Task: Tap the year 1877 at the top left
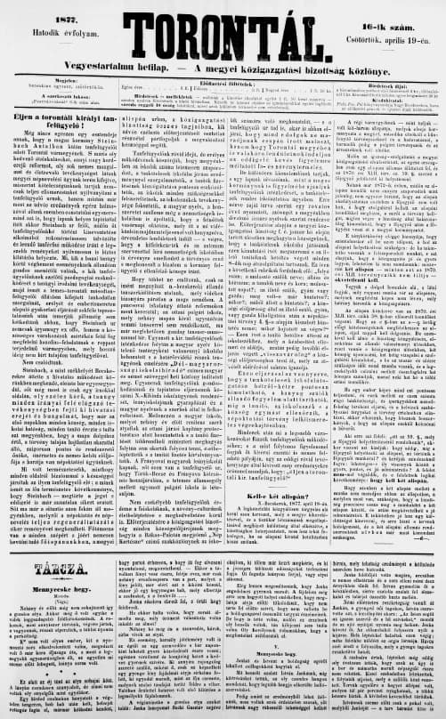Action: pyautogui.click(x=65, y=8)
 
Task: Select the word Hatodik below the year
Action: pyautogui.click(x=47, y=21)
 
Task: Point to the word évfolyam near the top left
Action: pyautogui.click(x=81, y=21)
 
